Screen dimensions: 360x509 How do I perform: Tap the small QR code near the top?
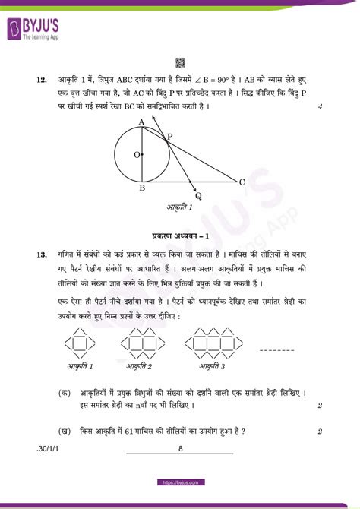click(180, 63)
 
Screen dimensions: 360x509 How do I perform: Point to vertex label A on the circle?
click(141, 122)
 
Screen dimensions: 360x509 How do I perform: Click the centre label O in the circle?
click(137, 155)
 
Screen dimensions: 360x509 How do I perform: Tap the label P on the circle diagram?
click(169, 135)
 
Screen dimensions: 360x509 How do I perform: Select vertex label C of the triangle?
click(242, 182)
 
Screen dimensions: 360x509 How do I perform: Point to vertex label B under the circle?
click(141, 188)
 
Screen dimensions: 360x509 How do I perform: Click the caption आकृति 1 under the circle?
click(179, 207)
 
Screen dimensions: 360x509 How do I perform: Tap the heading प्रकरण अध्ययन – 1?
click(180, 236)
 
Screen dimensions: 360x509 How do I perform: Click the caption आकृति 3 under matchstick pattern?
click(213, 366)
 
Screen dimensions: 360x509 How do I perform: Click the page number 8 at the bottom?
click(180, 449)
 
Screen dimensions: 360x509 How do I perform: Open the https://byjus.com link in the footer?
click(180, 482)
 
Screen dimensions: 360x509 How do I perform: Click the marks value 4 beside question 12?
click(321, 106)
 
